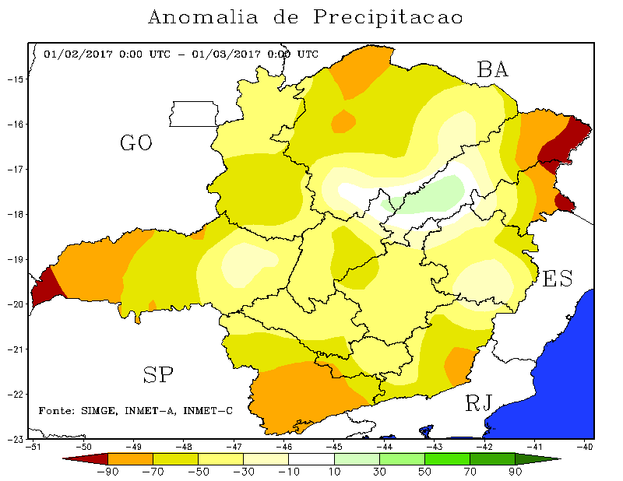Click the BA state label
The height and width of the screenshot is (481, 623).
pos(493,70)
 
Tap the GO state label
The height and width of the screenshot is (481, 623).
pos(136,143)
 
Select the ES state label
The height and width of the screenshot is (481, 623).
pos(558,279)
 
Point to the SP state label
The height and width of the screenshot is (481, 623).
pos(158,376)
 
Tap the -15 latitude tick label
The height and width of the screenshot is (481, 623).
pos(16,79)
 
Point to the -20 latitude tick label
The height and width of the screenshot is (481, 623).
pos(16,304)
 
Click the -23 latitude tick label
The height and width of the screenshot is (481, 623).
pos(16,439)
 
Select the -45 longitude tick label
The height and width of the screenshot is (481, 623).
pos(335,448)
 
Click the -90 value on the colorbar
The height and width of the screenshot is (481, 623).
pos(107,472)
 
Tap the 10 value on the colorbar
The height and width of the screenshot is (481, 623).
pos(334,472)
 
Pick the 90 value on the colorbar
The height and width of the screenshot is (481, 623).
pos(515,472)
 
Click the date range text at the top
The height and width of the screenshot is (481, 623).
pos(181,54)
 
